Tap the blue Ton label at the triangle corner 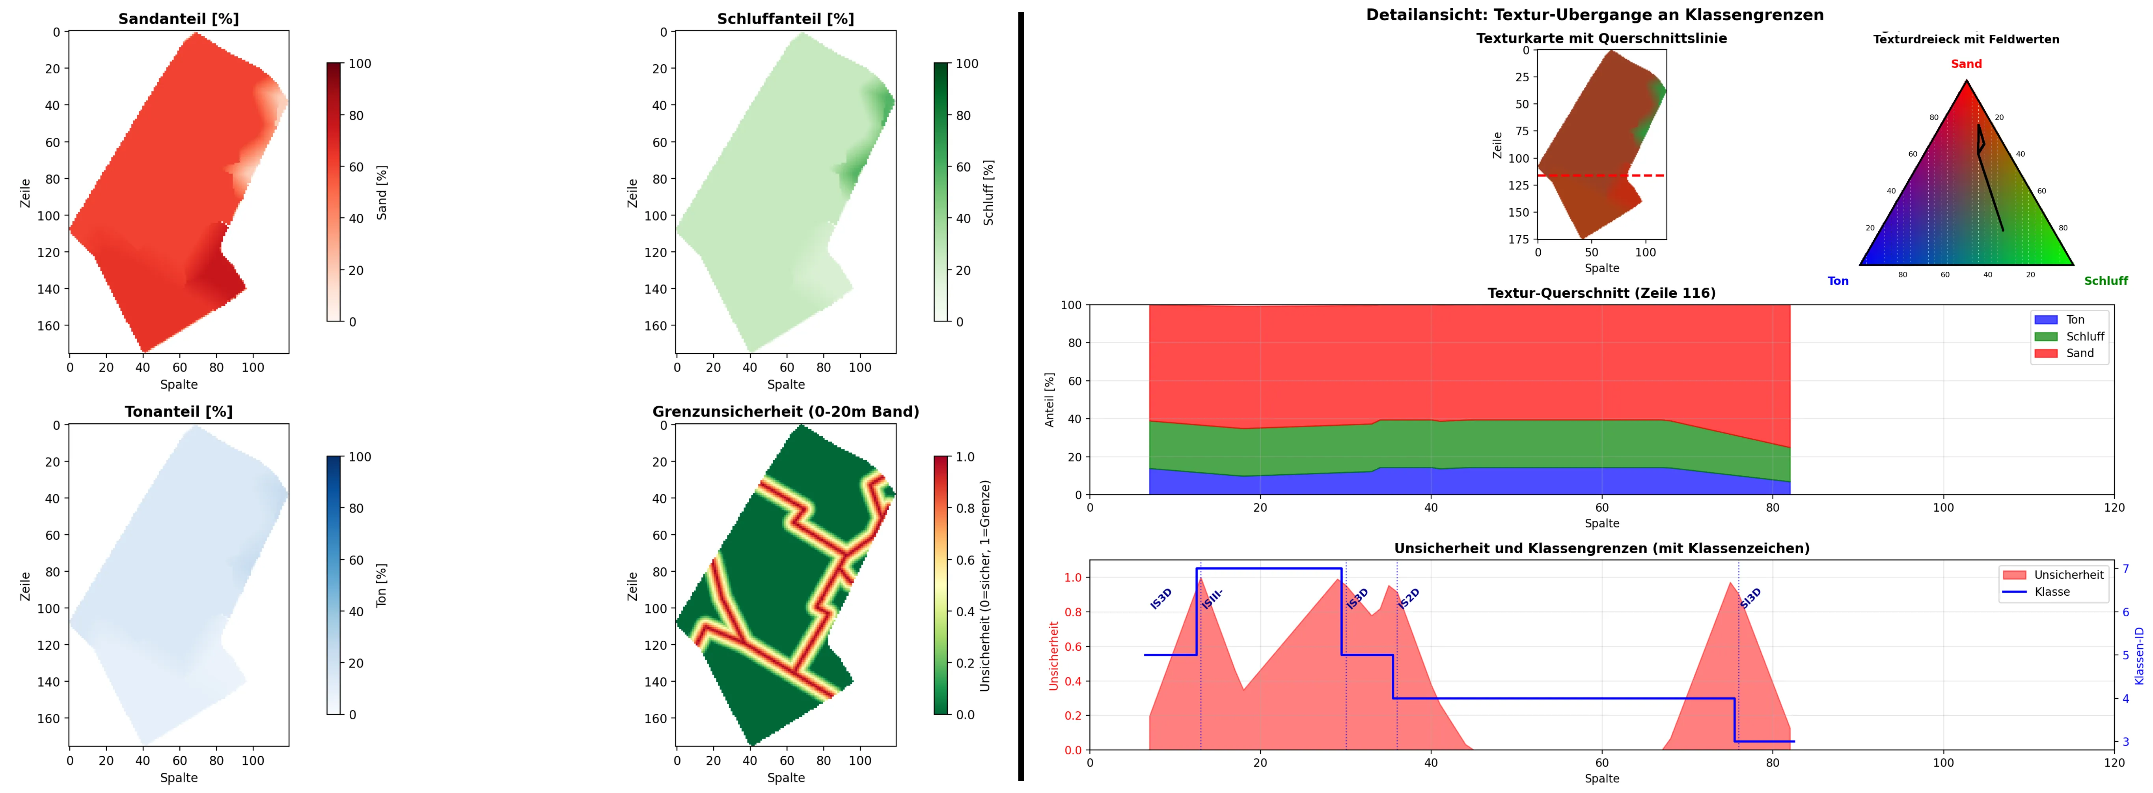pos(1838,281)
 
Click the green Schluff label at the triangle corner pos(2105,281)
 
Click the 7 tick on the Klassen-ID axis pos(2126,569)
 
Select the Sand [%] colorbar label pos(382,193)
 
